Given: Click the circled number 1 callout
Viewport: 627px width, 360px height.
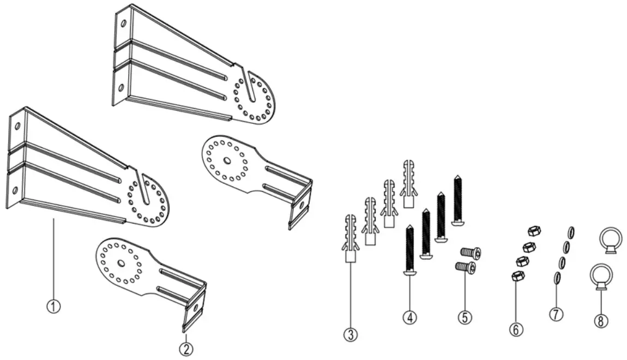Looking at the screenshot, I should pyautogui.click(x=53, y=306).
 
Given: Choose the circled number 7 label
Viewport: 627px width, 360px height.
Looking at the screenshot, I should pyautogui.click(x=556, y=314).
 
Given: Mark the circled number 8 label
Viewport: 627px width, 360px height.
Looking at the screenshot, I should pyautogui.click(x=600, y=320).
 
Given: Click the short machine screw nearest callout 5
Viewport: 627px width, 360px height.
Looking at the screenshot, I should pyautogui.click(x=465, y=267).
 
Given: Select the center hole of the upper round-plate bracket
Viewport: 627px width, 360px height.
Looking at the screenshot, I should pyautogui.click(x=226, y=161).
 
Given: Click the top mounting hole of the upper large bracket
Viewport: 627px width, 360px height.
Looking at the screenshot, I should pyautogui.click(x=124, y=24).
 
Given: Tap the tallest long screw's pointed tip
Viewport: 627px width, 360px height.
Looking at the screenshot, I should pyautogui.click(x=457, y=178).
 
